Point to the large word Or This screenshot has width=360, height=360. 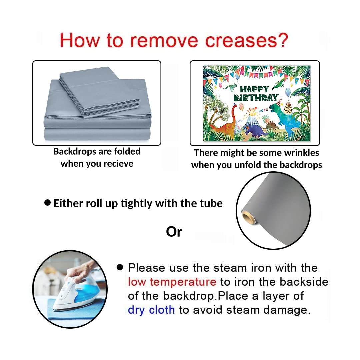[x=174, y=232]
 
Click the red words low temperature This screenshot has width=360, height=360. [x=172, y=282]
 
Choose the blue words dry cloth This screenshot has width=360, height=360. [x=151, y=310]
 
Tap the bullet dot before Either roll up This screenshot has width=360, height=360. [x=47, y=203]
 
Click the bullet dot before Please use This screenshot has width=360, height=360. [x=120, y=267]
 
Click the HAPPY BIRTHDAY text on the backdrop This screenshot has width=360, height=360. [x=256, y=93]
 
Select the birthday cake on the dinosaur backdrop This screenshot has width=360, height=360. [x=288, y=108]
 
